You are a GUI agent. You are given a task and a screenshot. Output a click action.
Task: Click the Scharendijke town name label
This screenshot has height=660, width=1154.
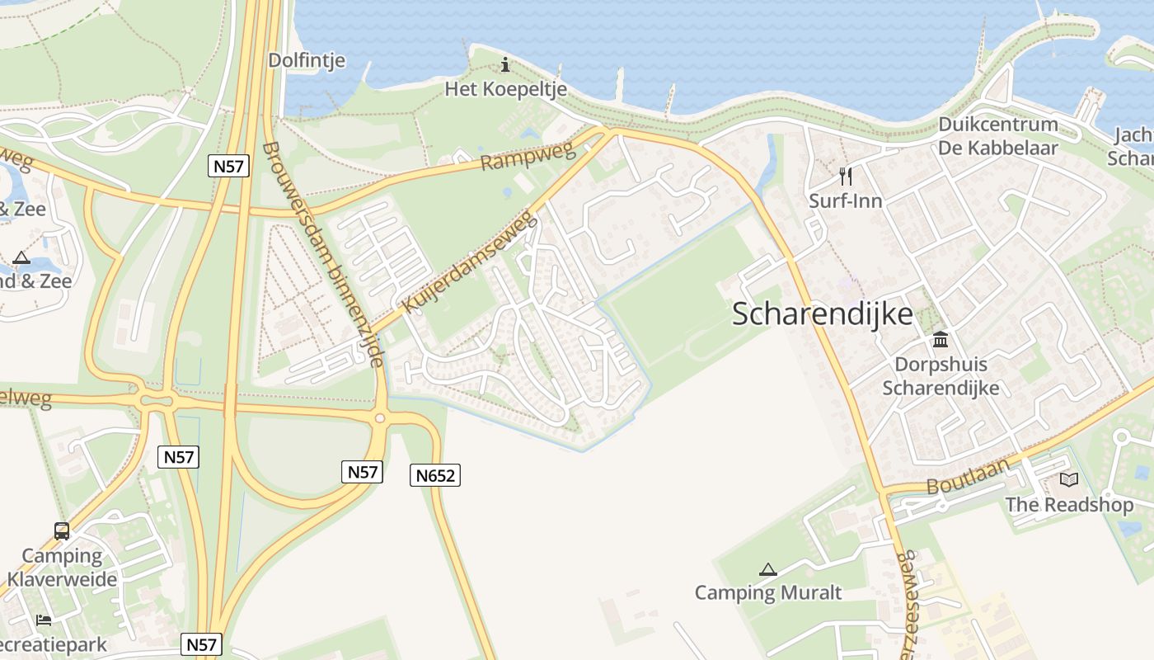[x=822, y=314]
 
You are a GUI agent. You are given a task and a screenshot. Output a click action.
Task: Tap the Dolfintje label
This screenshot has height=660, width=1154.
[x=307, y=60]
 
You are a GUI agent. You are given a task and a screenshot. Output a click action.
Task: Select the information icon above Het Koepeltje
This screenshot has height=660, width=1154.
[x=505, y=64]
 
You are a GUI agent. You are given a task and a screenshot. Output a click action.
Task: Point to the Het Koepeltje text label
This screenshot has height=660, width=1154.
[x=505, y=88]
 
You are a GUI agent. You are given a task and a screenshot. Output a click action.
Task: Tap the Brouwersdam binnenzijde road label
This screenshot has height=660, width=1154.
[x=324, y=254]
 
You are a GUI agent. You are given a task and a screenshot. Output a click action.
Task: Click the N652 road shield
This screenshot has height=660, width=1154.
[x=435, y=475]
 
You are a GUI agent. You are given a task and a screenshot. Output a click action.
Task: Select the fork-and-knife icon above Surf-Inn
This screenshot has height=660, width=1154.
[x=845, y=176]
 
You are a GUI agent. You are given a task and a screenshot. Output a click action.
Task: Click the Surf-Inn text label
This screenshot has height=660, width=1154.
[x=845, y=200]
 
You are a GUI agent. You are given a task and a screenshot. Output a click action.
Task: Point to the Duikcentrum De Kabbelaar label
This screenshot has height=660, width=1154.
[x=997, y=136]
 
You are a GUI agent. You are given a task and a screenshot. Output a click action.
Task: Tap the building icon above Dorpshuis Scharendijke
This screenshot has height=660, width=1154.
[x=940, y=339]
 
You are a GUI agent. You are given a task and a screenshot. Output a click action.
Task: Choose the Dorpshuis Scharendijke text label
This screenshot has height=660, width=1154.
[x=941, y=376]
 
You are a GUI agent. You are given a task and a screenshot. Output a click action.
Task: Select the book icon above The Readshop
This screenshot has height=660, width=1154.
[x=1068, y=479]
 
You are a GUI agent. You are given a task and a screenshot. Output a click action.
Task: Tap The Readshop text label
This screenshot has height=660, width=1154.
[x=1068, y=504]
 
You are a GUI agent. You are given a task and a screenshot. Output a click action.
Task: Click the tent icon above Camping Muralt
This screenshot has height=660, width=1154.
[x=767, y=568]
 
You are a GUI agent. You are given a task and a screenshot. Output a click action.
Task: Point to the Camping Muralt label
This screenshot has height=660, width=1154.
[x=767, y=592]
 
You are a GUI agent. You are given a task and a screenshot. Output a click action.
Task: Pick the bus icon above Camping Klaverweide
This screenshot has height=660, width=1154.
[x=62, y=530]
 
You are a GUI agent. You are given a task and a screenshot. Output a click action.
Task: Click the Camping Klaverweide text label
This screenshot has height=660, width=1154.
[x=62, y=568]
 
